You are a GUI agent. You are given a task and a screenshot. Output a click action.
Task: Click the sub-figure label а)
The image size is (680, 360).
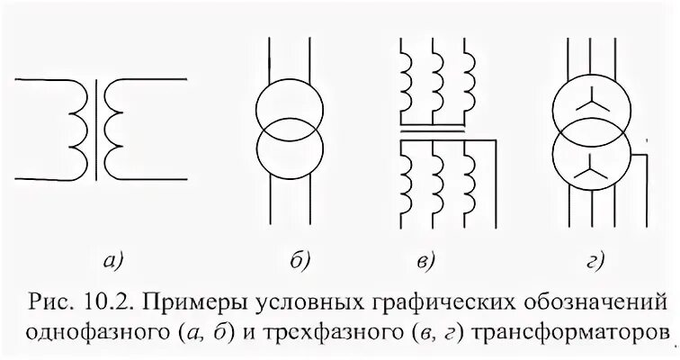(112, 262)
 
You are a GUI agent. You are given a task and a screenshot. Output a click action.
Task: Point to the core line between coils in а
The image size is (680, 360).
(97, 126)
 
